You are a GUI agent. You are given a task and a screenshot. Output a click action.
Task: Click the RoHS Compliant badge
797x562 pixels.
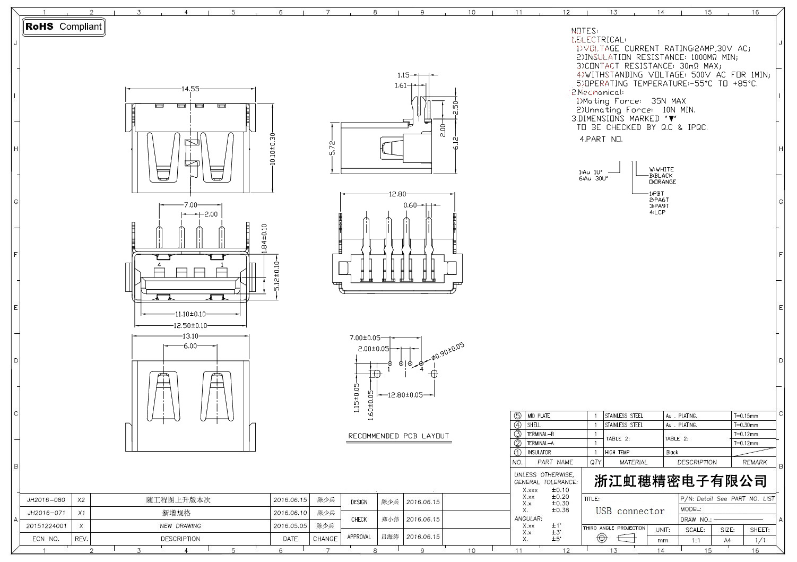(x=64, y=27)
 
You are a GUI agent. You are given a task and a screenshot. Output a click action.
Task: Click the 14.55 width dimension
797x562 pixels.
(x=190, y=89)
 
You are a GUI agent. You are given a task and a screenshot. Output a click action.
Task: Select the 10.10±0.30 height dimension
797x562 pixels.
(x=273, y=148)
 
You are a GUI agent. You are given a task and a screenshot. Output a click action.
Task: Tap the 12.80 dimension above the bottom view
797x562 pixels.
(x=397, y=194)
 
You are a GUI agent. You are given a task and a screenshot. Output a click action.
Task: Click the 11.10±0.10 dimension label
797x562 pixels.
(x=190, y=314)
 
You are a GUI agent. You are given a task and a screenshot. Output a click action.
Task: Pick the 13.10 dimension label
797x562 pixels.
(x=190, y=336)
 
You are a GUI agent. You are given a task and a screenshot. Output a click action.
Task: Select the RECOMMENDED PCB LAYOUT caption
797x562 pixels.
(x=398, y=436)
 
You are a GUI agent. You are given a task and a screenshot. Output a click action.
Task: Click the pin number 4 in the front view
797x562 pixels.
(x=159, y=264)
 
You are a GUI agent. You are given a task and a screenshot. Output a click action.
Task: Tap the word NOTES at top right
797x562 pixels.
(x=584, y=31)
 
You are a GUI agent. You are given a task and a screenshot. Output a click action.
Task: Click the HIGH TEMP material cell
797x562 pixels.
(x=617, y=453)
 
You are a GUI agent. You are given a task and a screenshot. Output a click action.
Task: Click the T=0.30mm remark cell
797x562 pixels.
(x=746, y=425)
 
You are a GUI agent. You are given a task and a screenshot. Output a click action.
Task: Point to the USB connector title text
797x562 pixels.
(x=630, y=512)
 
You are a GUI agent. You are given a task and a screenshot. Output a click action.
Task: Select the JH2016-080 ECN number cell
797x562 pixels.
(x=46, y=500)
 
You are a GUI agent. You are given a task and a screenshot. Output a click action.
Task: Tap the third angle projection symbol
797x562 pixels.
(x=614, y=538)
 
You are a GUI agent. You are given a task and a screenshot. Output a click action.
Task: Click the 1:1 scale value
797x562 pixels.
(x=696, y=540)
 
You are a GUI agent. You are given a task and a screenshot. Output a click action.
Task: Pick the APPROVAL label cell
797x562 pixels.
(x=359, y=537)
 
